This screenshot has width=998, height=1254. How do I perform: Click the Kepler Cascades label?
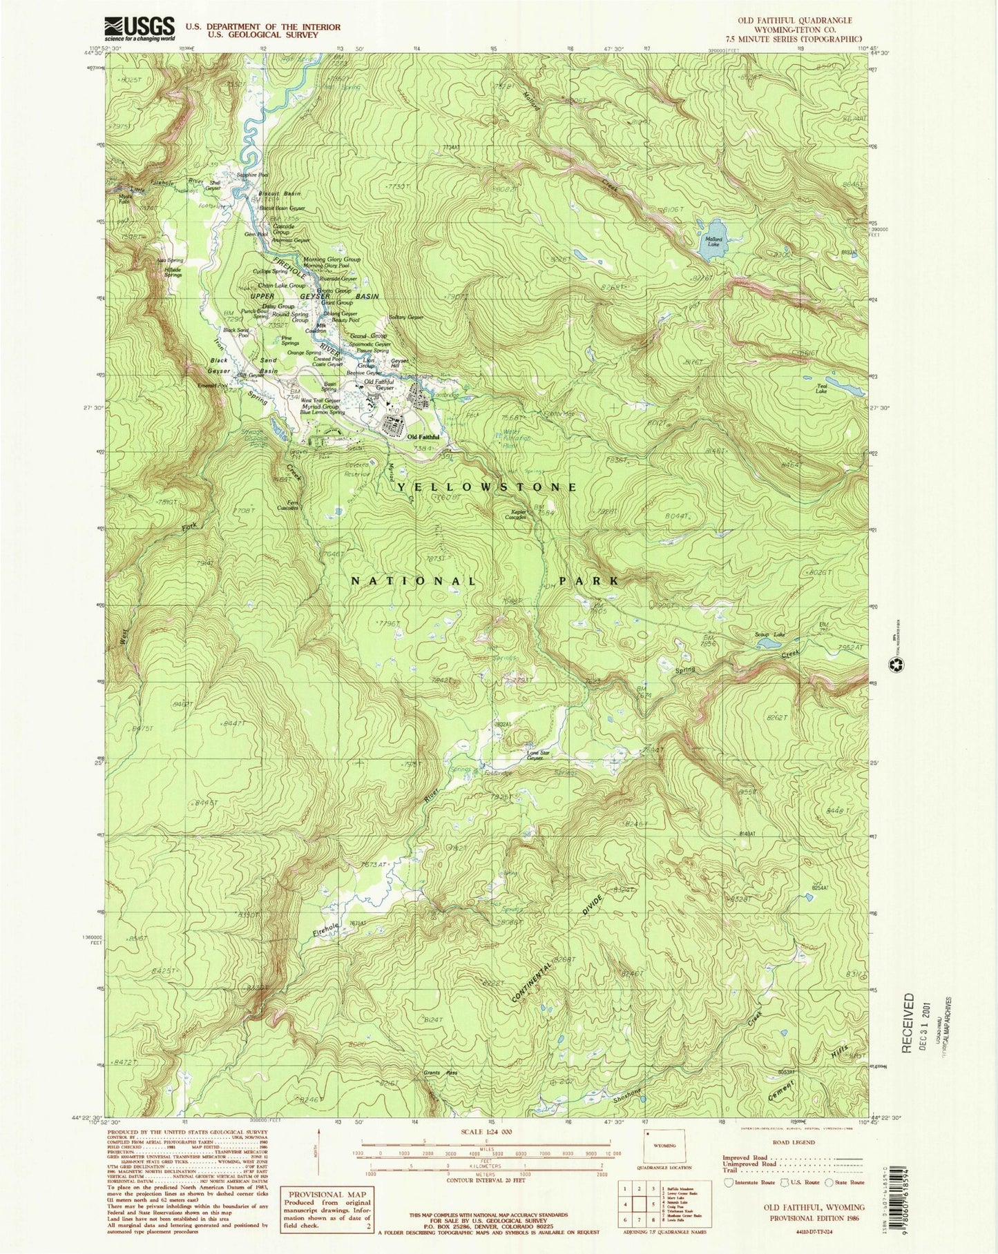[x=520, y=514]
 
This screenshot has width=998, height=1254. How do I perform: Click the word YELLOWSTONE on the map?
[x=488, y=487]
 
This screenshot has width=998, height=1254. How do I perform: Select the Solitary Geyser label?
[x=406, y=317]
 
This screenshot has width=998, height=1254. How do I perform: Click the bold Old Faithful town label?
[x=423, y=437]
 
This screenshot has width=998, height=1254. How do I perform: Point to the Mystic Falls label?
[x=124, y=199]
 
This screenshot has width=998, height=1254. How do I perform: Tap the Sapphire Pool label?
[x=253, y=175]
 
